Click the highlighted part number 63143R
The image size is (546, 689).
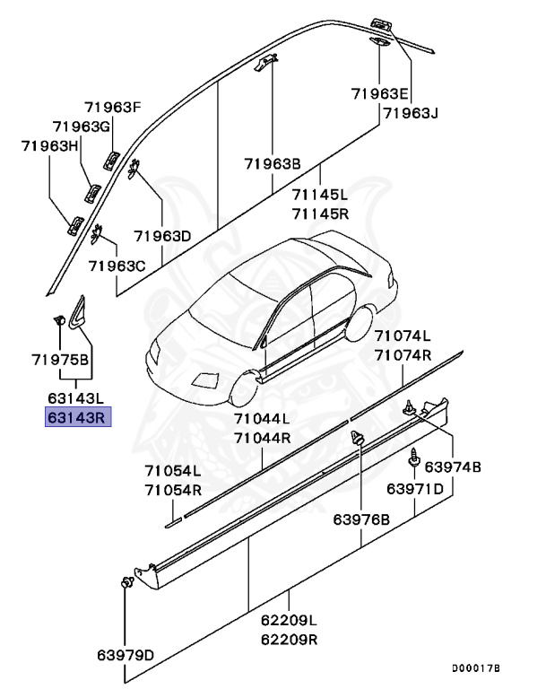[x=78, y=417]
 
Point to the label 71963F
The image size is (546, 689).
[x=114, y=108]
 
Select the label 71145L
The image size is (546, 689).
[x=319, y=194]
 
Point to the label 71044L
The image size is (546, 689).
[x=263, y=419]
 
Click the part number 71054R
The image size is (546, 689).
[x=173, y=491]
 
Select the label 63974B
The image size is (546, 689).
[x=453, y=467]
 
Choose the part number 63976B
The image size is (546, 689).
[x=361, y=519]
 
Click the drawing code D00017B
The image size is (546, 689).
[x=476, y=669]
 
